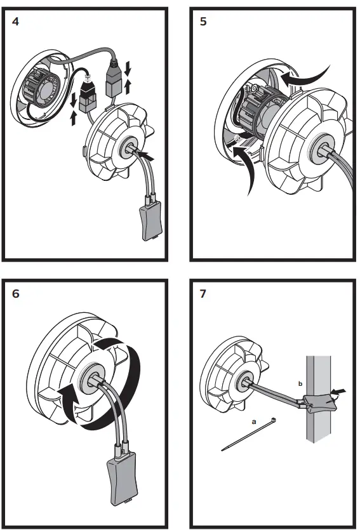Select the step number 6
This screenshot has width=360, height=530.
pyautogui.click(x=15, y=294)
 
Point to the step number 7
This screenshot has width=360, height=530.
pyautogui.click(x=203, y=294)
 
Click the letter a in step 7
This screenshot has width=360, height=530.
pyautogui.click(x=254, y=421)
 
